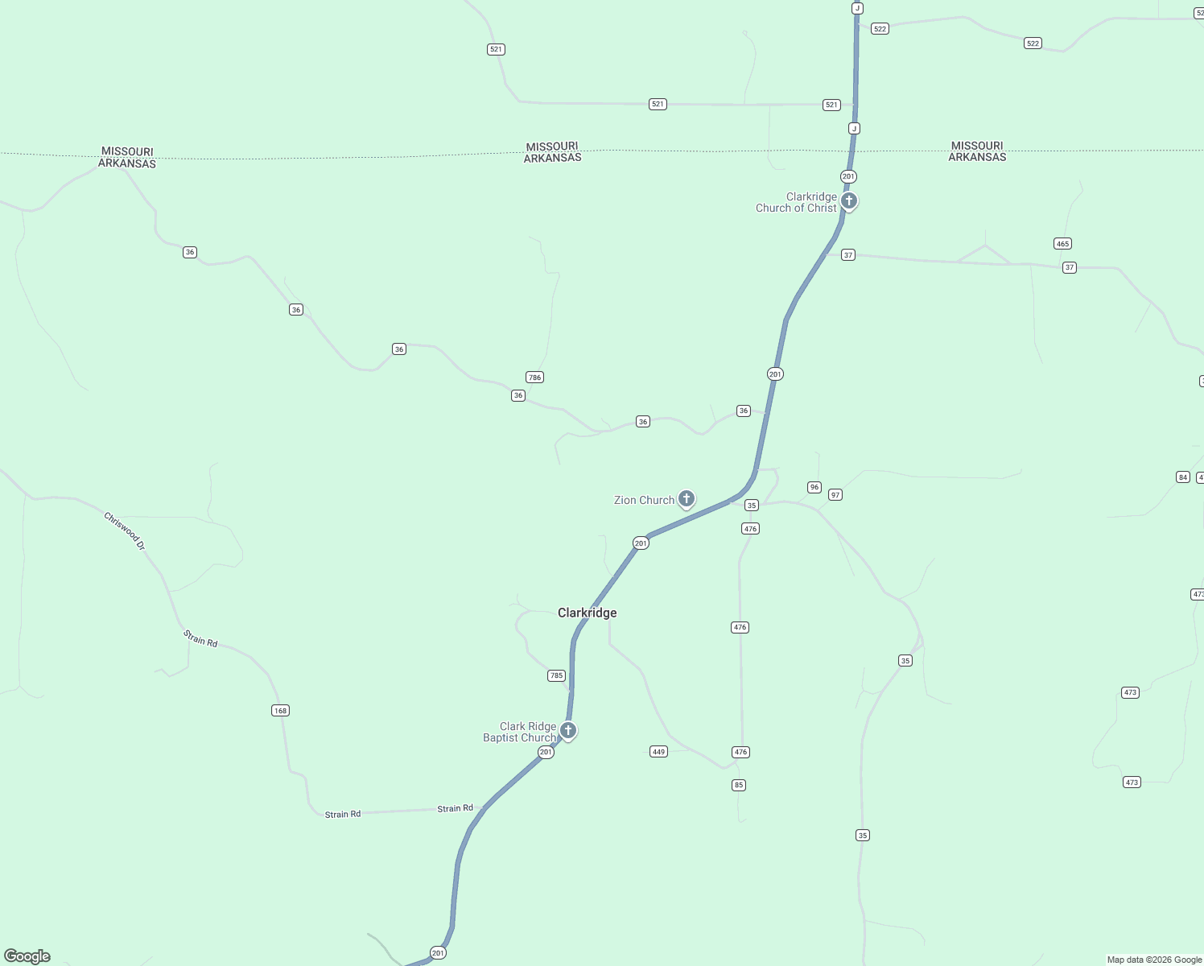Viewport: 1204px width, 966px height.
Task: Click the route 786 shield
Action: (534, 378)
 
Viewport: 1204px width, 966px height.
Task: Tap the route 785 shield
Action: (556, 675)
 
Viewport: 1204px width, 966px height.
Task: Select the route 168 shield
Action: (280, 710)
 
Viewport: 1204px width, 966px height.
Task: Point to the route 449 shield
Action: (658, 752)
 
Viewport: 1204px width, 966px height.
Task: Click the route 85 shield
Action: (739, 785)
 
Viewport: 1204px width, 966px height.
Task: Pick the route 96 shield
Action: (814, 487)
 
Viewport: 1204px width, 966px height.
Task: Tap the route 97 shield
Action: (835, 495)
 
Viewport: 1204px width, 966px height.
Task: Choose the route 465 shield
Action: (1062, 244)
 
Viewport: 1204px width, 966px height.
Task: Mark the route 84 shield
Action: (1182, 477)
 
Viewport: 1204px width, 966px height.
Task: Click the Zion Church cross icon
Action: (687, 499)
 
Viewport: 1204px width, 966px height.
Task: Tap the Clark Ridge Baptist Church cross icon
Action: (568, 730)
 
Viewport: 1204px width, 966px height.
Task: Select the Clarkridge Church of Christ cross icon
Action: (849, 200)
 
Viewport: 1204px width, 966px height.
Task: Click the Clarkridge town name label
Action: (588, 613)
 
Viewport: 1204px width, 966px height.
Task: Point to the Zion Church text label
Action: (644, 500)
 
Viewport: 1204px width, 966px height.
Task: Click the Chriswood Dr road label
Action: (125, 531)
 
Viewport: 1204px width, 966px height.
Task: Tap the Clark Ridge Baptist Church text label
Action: (520, 732)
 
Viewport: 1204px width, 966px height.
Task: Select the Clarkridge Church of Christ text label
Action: (796, 202)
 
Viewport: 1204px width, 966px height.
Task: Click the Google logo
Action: (27, 956)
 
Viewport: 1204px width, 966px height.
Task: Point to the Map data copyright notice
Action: (1154, 960)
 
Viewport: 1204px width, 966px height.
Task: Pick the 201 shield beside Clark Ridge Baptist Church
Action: (546, 753)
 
